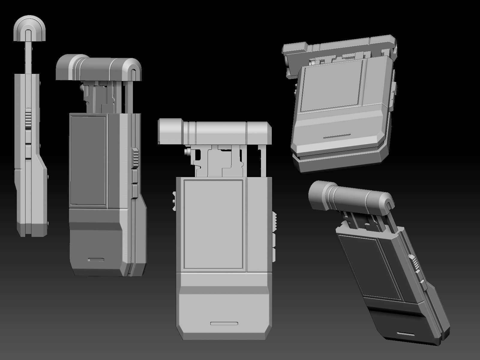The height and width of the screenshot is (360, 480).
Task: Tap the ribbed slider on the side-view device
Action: [x=28, y=118]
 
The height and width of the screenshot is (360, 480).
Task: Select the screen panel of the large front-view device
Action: [x=213, y=224]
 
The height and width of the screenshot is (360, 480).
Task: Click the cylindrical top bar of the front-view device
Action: [x=215, y=131]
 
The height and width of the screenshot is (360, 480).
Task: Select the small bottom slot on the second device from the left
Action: [x=96, y=259]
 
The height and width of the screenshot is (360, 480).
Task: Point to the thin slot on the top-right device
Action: [x=337, y=136]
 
